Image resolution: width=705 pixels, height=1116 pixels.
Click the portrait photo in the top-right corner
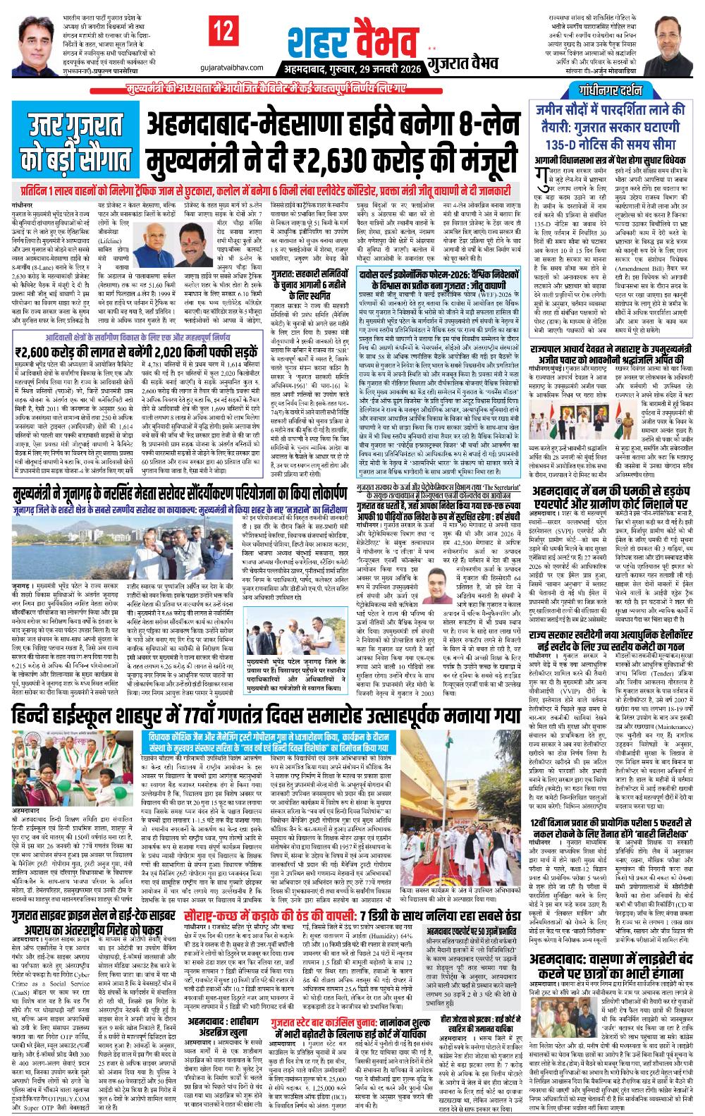(677, 42)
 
